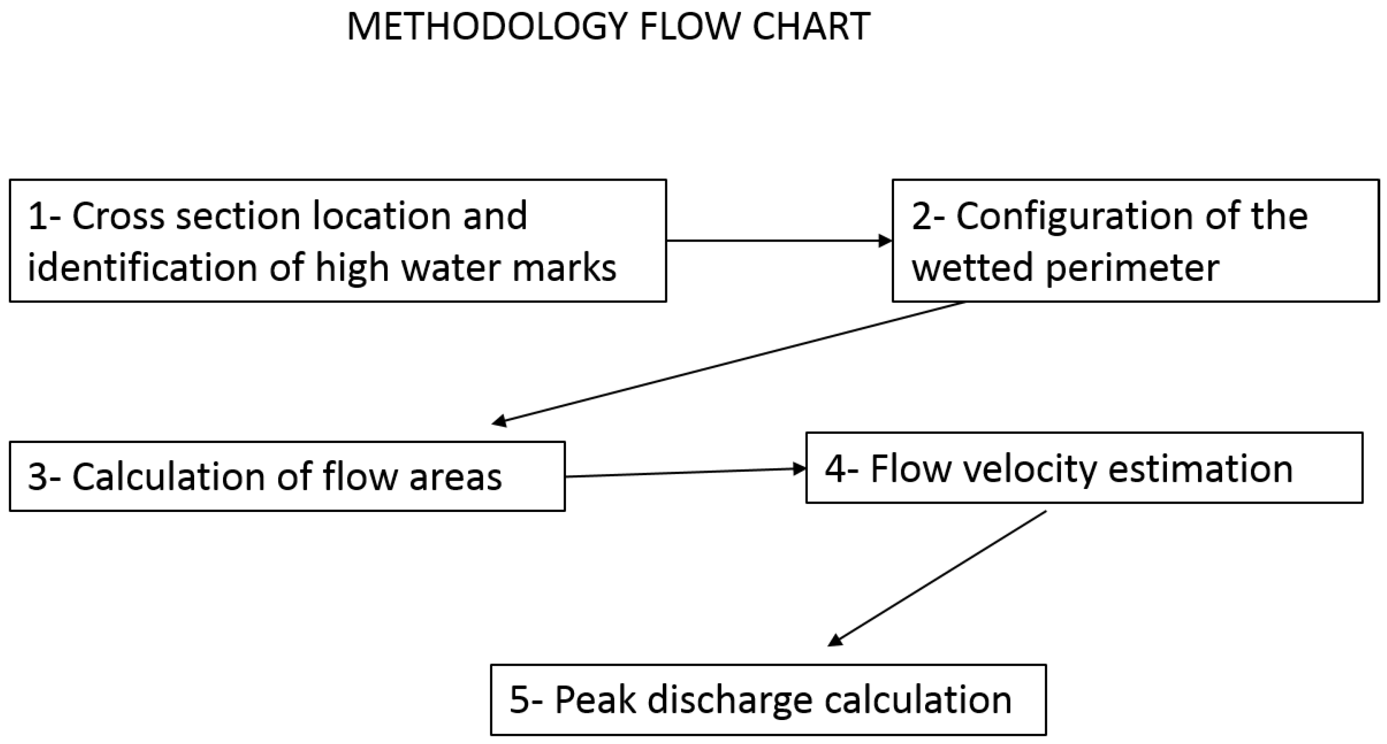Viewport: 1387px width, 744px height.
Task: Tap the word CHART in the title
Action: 811,27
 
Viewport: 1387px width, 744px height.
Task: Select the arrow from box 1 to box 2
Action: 778,241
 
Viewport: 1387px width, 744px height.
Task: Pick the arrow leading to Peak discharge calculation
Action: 937,578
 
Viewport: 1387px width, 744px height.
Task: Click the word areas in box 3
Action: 456,477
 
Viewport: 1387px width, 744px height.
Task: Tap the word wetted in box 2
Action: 971,268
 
